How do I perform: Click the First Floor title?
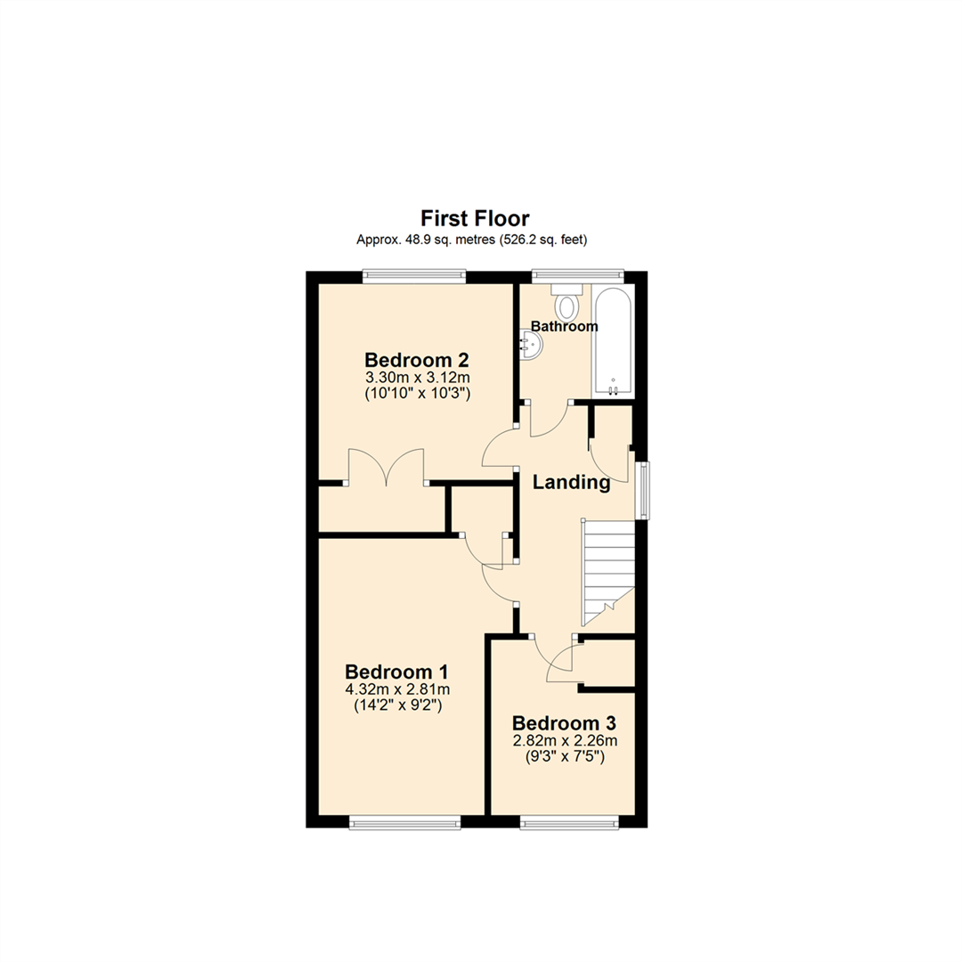pos(475,218)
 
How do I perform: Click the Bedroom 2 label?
pos(417,361)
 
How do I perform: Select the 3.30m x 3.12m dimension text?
pos(417,378)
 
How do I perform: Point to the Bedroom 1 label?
pos(397,672)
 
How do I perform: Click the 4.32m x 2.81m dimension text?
pos(397,689)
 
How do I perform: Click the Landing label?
pos(571,483)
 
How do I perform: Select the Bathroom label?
pos(565,327)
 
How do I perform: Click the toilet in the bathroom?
pos(567,303)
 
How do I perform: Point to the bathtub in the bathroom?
pos(613,343)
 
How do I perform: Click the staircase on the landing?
pos(607,570)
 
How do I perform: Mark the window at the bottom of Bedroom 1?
pos(405,822)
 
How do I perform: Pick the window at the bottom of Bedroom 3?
pos(568,822)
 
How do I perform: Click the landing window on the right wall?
pos(641,489)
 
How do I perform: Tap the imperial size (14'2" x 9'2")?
pos(397,705)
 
